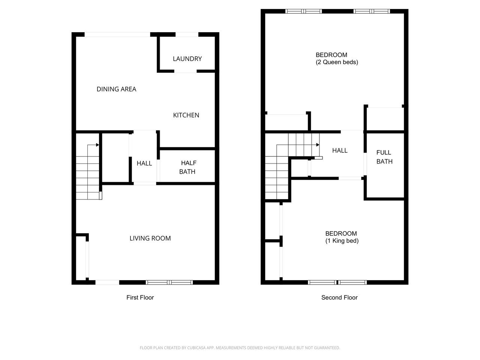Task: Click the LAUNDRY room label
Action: [187, 58]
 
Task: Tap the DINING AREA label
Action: [116, 89]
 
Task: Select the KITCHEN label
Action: [186, 115]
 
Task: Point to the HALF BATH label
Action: [187, 167]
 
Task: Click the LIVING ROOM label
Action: [150, 238]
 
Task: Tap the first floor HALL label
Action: [144, 163]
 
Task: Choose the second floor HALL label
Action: [340, 150]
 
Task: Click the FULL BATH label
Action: [384, 157]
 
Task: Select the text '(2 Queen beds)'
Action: [337, 62]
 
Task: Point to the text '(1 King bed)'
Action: [342, 241]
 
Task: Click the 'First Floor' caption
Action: [140, 297]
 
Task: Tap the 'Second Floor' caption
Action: [339, 297]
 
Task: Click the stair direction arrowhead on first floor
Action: [97, 145]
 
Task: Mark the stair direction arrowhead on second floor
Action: [318, 145]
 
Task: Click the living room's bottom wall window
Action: [169, 282]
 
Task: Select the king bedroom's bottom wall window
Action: [337, 282]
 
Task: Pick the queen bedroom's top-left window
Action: [303, 11]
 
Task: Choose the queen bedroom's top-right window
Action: [372, 11]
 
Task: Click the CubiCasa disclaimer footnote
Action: [240, 348]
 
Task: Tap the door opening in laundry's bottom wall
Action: [186, 71]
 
